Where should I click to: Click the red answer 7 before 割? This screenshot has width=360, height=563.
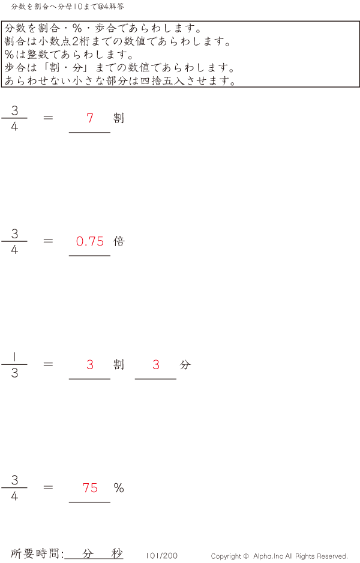90,118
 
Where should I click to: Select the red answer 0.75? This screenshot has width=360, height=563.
90,241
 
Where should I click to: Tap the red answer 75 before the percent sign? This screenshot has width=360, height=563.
90,487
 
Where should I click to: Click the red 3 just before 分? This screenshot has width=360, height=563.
156,364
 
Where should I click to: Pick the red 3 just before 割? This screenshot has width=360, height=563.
90,364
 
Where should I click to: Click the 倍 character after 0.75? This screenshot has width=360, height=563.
119,241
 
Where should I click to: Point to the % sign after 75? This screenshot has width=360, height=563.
119,487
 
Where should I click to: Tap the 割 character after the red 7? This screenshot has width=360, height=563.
119,118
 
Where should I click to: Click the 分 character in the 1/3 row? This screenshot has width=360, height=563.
185,364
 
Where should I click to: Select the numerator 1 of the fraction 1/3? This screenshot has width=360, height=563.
14,357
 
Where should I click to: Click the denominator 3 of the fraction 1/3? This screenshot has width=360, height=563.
14,373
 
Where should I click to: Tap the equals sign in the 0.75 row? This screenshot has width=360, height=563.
48,241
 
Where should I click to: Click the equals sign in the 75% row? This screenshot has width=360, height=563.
48,487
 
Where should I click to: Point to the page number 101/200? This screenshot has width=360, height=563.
161,556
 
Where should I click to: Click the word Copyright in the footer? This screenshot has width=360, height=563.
226,556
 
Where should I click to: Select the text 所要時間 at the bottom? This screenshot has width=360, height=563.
35,553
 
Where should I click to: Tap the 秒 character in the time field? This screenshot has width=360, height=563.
117,553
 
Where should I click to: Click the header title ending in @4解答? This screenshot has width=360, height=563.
67,7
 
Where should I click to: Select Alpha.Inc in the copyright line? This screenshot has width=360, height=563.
268,556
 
